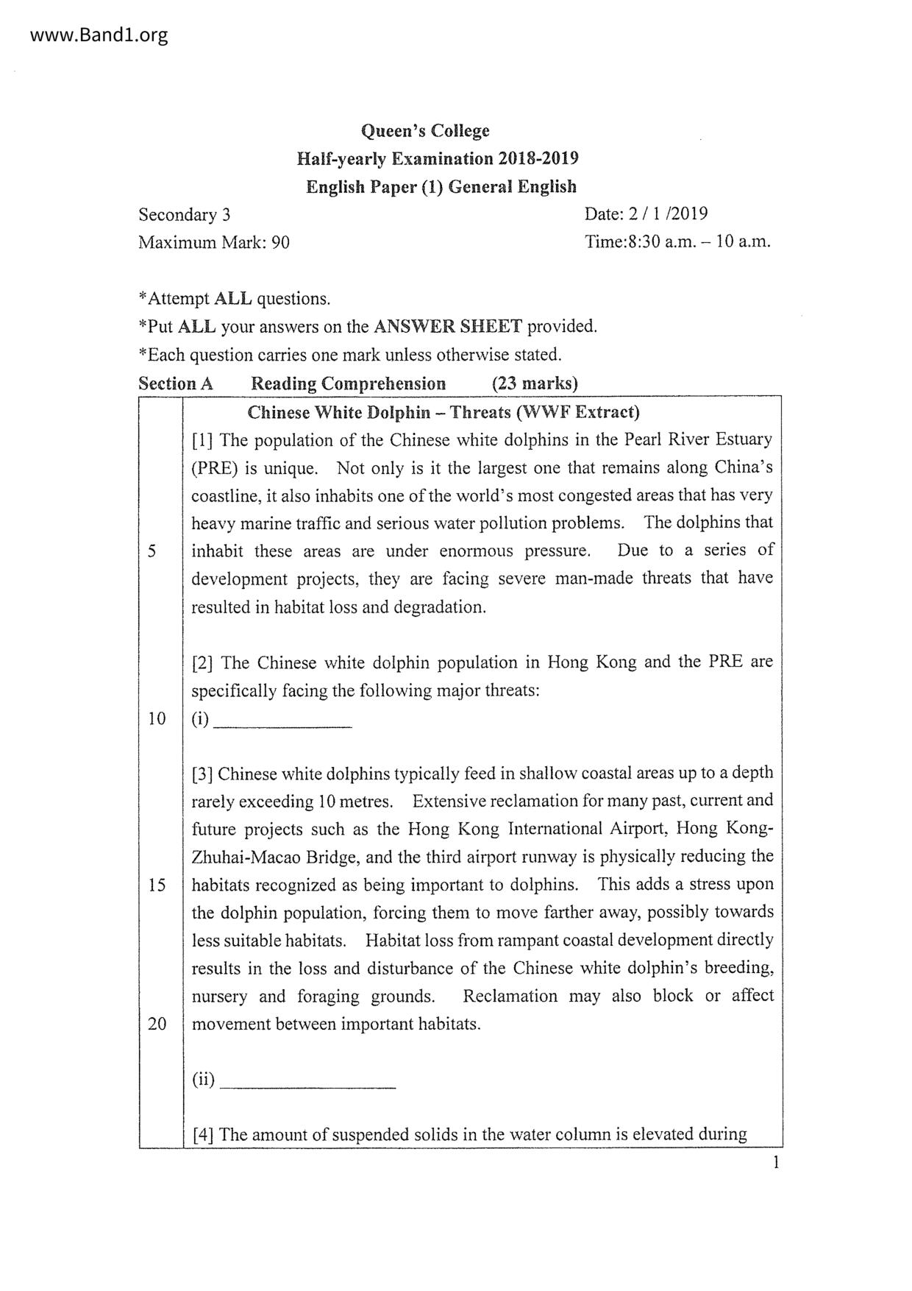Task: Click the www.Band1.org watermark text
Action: (89, 35)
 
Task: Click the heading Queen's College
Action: (424, 131)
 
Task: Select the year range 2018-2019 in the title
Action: (538, 159)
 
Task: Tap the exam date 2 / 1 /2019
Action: (667, 214)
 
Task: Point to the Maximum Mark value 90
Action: (280, 242)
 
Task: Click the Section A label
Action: (176, 383)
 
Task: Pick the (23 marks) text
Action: (535, 383)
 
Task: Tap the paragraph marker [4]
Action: (204, 1134)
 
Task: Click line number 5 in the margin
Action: (152, 551)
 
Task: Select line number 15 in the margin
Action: (157, 885)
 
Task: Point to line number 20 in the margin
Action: (157, 1024)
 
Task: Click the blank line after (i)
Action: (282, 724)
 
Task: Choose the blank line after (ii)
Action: (308, 1085)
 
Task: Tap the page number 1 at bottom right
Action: (775, 1162)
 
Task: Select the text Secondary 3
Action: (185, 214)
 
